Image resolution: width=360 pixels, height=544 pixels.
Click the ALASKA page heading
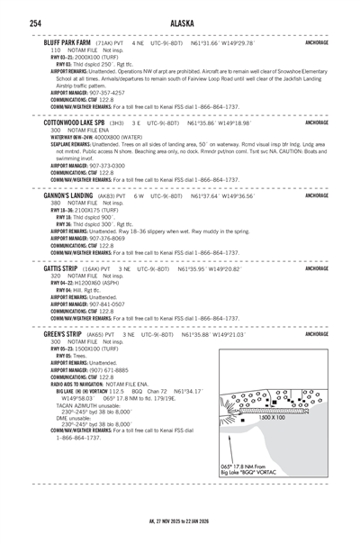point(179,22)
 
